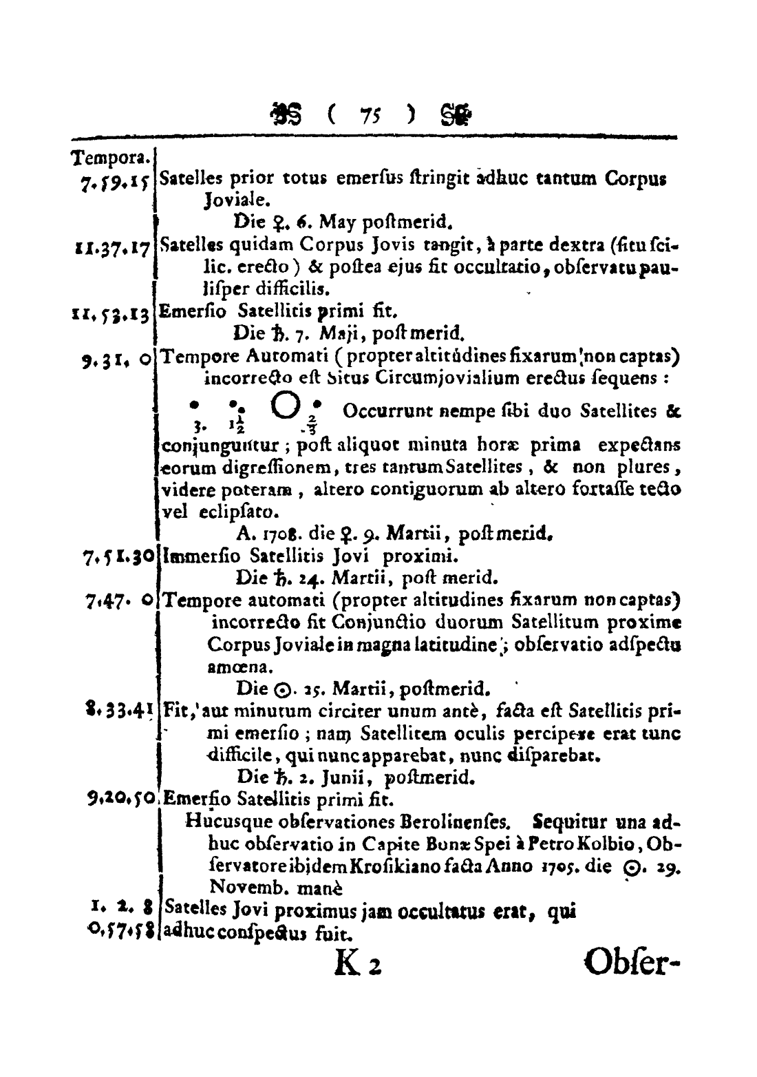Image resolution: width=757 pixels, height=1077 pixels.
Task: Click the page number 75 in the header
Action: tap(373, 114)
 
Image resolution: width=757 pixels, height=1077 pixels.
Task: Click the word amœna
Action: tap(230, 667)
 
